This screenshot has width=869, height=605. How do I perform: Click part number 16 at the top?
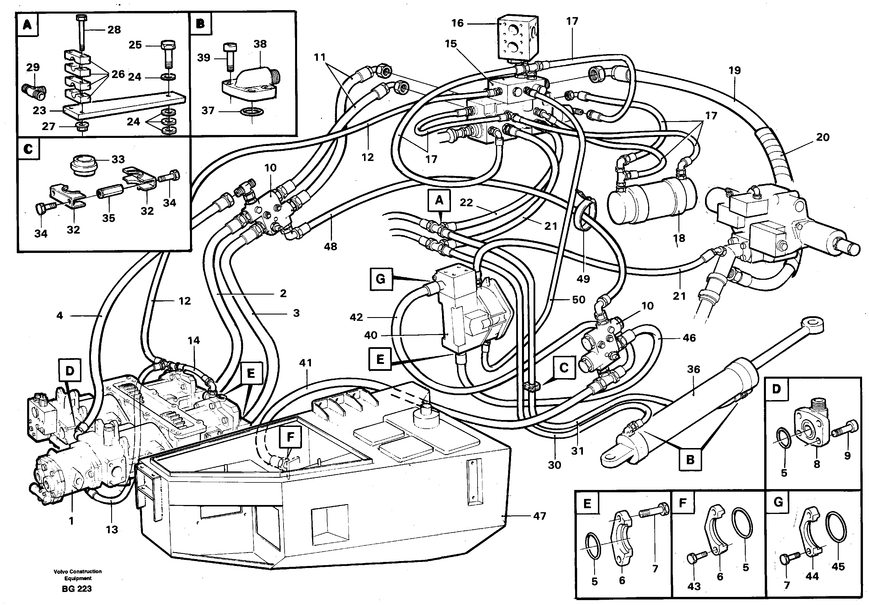point(457,23)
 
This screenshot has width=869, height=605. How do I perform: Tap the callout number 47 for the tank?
point(539,516)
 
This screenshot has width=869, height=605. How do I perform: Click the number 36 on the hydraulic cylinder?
point(693,369)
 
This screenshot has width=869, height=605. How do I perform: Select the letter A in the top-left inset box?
point(27,25)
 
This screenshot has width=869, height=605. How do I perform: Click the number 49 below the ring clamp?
point(583,279)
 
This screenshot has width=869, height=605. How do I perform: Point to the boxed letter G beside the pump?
point(381,279)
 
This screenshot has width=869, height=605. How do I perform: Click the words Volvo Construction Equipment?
point(78,574)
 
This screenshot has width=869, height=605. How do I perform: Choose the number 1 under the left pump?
point(71,521)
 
